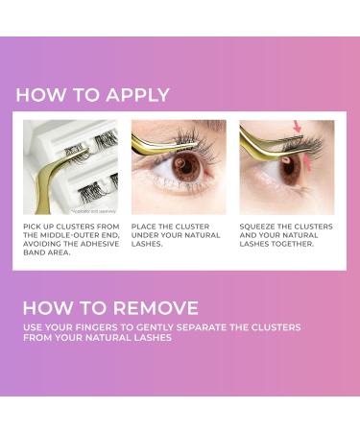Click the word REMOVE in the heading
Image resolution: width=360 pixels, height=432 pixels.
(154, 308)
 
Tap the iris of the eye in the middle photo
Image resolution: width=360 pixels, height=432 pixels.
(189, 164)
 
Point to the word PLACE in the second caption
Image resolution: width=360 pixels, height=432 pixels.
(147, 228)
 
